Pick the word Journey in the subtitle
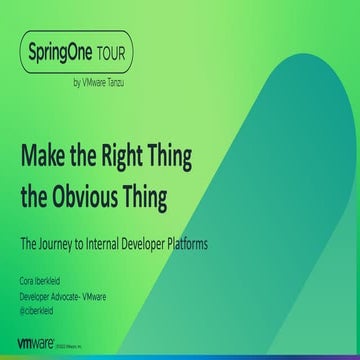click(x=63, y=241)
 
